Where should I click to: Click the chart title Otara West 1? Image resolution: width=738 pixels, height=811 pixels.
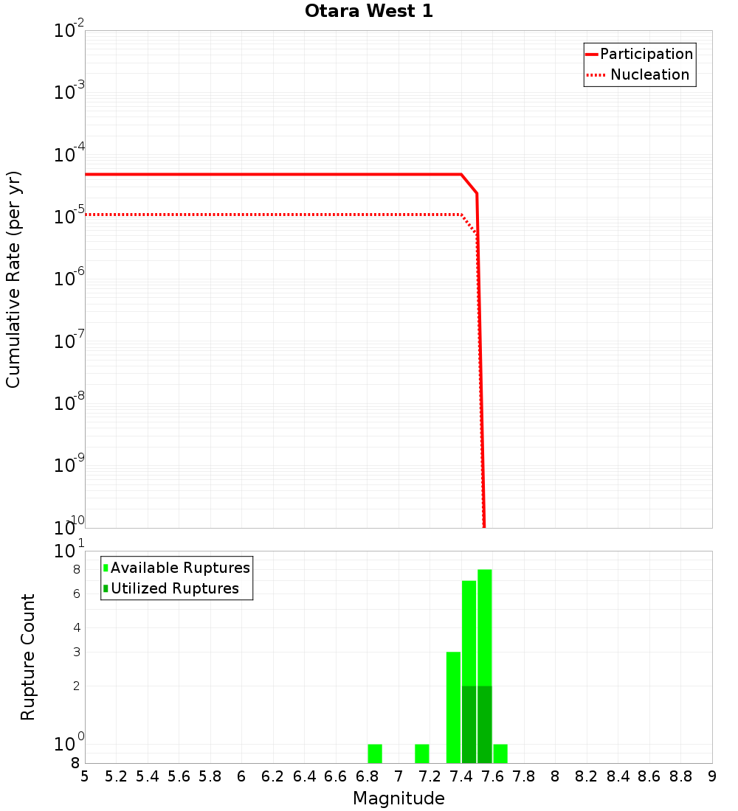click(x=368, y=11)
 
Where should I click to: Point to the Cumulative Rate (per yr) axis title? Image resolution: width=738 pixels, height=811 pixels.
click(x=13, y=279)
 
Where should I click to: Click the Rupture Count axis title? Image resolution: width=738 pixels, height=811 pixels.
click(x=28, y=657)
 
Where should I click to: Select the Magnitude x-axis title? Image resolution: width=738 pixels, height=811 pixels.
click(x=399, y=798)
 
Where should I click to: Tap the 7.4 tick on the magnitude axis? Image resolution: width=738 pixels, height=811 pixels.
click(x=461, y=776)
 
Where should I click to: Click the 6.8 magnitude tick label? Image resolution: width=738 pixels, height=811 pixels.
click(x=367, y=776)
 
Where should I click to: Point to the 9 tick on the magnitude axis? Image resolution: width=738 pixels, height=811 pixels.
click(x=711, y=776)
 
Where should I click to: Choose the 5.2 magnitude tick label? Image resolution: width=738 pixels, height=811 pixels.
click(x=116, y=776)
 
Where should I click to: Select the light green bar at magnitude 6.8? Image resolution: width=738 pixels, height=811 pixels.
click(x=375, y=753)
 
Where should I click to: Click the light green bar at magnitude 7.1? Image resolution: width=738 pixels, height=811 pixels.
click(x=422, y=753)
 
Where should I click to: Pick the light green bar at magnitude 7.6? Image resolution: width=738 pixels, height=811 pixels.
click(x=500, y=753)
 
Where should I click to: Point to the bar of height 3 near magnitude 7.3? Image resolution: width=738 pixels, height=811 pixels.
click(x=453, y=708)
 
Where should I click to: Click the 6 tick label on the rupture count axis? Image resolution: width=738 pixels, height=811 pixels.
click(x=75, y=594)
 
